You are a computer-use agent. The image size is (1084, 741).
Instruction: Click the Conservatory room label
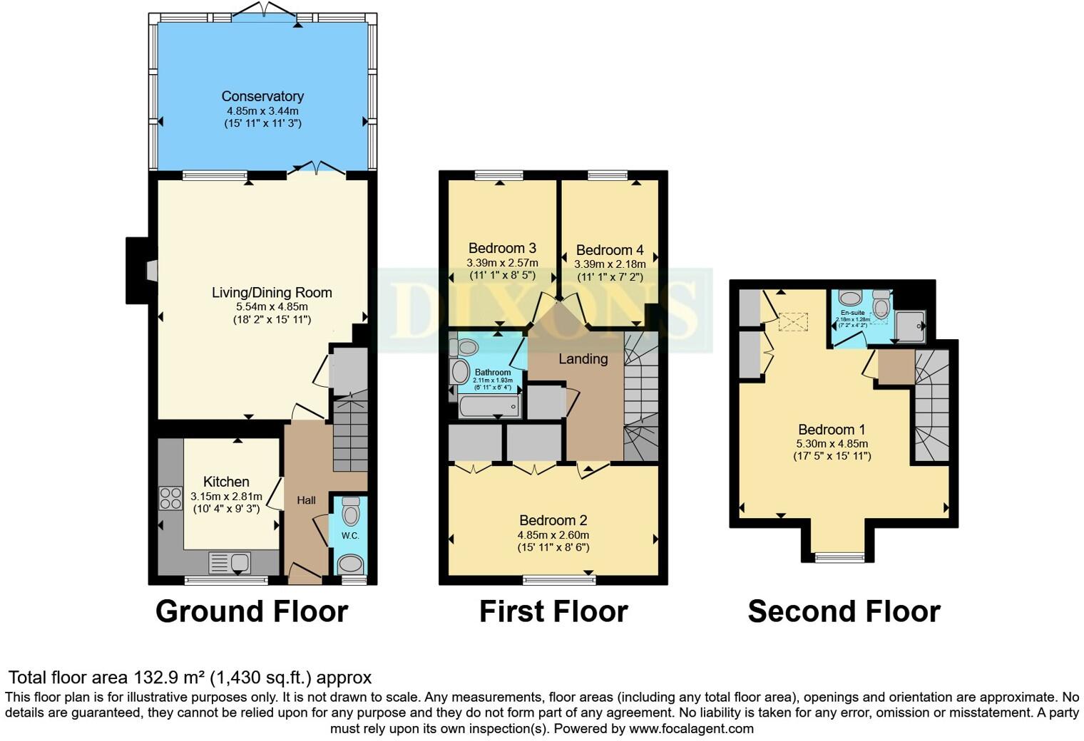coord(262,96)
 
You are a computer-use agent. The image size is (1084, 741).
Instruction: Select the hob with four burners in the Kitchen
coord(170,497)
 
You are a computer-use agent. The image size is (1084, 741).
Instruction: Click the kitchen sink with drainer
coord(230,562)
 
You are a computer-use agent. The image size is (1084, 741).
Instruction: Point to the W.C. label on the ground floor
coord(349,535)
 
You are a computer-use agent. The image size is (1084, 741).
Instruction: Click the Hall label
coord(306,500)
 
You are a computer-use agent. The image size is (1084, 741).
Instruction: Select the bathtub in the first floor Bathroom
coord(489,407)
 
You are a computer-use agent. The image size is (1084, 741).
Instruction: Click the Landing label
coord(583,359)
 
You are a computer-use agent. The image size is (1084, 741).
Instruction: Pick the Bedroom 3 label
coord(502,248)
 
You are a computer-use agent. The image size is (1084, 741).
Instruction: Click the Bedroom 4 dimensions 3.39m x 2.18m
coord(610,264)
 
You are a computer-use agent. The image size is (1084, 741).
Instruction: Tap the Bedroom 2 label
coord(553,520)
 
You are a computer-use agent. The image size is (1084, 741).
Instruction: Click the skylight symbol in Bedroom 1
coord(790,322)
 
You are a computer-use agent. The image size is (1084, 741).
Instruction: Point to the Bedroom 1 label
coord(832,430)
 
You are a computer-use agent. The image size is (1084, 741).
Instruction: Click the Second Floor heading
coord(844,611)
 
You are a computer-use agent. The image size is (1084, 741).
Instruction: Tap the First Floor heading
coord(553,611)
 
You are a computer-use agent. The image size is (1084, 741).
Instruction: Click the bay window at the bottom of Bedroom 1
coord(839,557)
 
